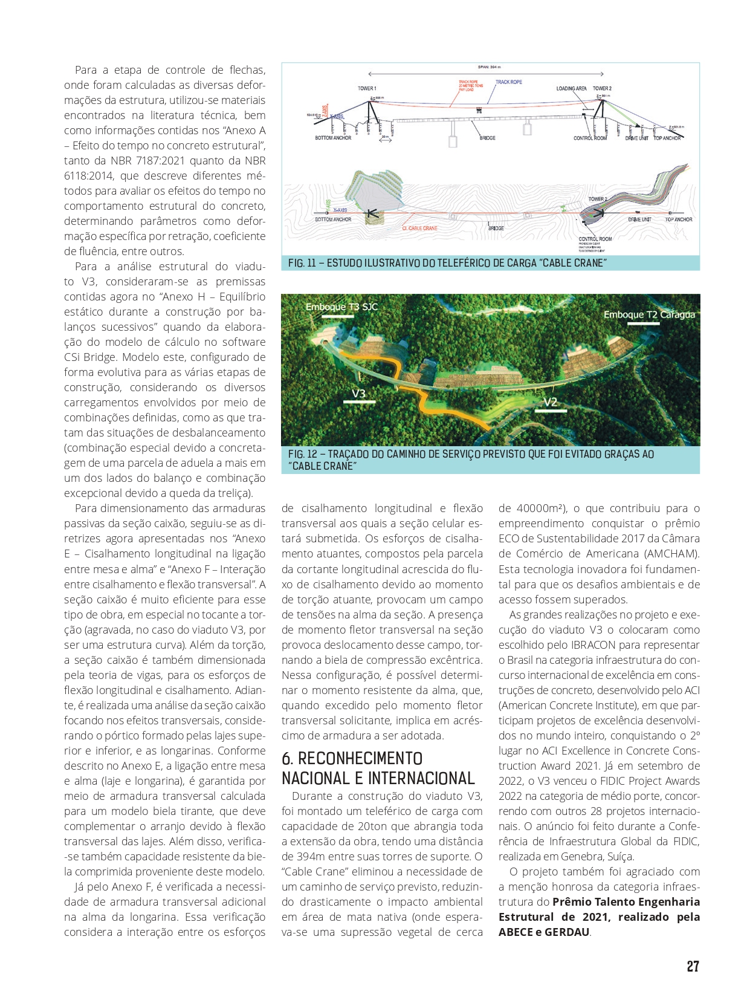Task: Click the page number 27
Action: [693, 966]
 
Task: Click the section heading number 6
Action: [287, 759]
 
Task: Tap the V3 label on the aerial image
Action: [358, 394]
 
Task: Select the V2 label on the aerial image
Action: [550, 402]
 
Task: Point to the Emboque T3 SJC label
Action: [341, 307]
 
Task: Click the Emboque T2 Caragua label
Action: [649, 314]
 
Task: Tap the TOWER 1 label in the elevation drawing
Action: [367, 88]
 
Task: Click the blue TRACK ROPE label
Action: [509, 82]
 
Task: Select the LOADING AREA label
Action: [571, 88]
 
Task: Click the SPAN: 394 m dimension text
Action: [490, 67]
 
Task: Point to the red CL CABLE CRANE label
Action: [419, 229]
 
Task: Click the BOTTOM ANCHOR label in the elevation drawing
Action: [333, 138]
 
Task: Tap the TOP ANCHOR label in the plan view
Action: [679, 219]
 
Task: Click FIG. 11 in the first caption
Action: [302, 263]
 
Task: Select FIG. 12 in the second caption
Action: [303, 454]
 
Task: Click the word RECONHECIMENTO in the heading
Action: [360, 759]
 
